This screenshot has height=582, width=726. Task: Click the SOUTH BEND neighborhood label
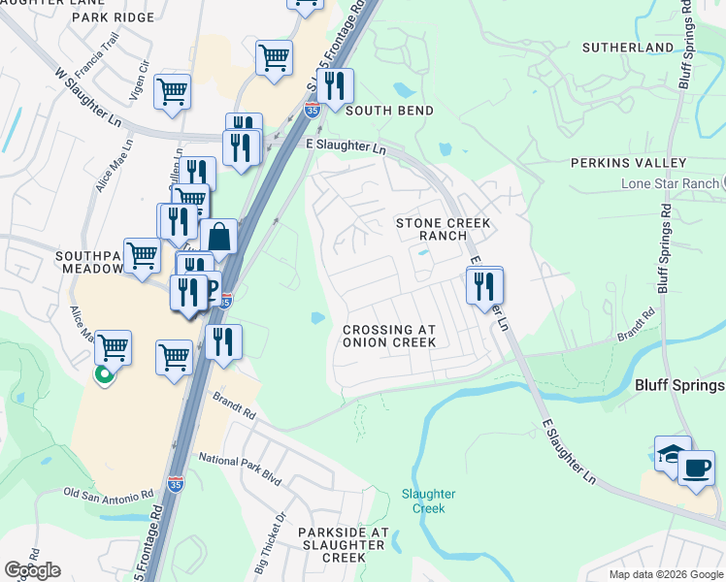[x=389, y=111]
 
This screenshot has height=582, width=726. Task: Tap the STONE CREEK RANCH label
[x=444, y=230]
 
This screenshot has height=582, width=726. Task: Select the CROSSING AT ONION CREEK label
[x=390, y=336]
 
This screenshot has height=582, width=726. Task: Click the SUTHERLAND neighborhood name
[x=628, y=47]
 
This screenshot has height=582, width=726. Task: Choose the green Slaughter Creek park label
[x=428, y=501]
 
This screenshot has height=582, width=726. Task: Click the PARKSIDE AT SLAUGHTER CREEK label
[x=343, y=545]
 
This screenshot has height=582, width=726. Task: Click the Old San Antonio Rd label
[x=109, y=493]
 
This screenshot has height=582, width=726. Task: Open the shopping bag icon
[x=218, y=237]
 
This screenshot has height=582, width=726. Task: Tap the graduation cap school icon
[x=673, y=453]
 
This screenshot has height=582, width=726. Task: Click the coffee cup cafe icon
[x=695, y=469]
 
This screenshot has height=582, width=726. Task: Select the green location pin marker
[x=103, y=373]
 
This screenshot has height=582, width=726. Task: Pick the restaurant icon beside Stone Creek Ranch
[x=483, y=286]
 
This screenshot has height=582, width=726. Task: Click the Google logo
[x=32, y=570]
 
